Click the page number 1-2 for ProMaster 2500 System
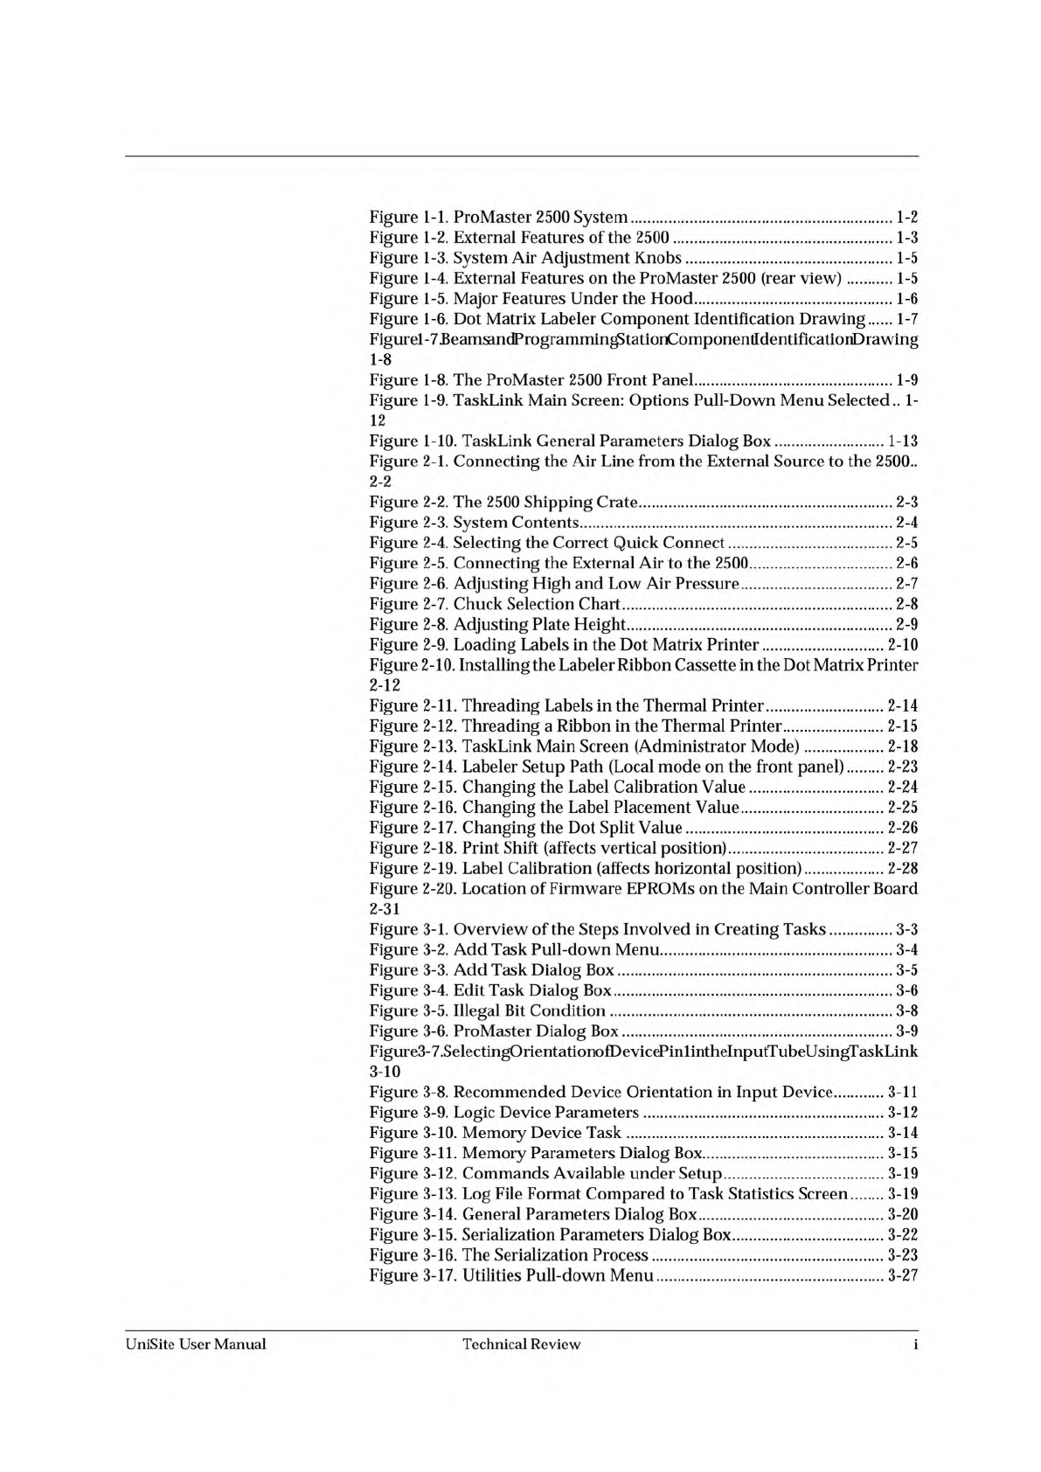point(907,217)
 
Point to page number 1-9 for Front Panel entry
point(907,380)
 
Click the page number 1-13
point(902,441)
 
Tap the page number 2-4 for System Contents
point(907,523)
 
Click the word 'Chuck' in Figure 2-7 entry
point(478,604)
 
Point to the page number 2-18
point(902,746)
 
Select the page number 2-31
point(385,909)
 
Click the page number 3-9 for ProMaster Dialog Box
point(907,1031)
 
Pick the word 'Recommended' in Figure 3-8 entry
point(510,1092)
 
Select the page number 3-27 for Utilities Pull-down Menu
point(902,1275)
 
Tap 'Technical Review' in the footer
point(521,1344)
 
